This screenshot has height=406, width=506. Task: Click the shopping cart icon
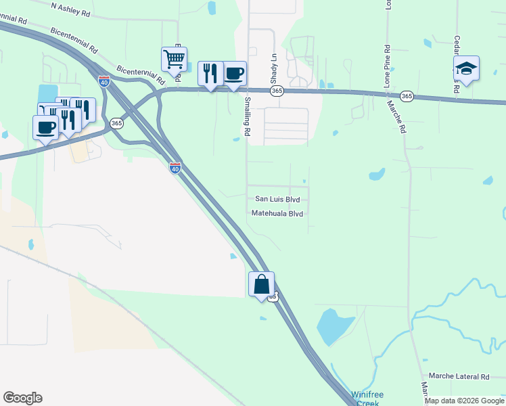(x=174, y=59)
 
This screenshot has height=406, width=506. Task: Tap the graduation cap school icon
(x=466, y=68)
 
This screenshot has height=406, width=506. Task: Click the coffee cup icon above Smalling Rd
(x=234, y=73)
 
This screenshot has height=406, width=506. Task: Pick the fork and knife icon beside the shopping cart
(x=210, y=72)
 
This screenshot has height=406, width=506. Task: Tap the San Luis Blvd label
(x=277, y=200)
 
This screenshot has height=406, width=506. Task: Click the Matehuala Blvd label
(x=277, y=213)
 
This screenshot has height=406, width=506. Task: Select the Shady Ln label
(x=275, y=66)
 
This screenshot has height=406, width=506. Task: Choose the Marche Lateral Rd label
(x=459, y=376)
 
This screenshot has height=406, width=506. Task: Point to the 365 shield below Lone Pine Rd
(x=406, y=96)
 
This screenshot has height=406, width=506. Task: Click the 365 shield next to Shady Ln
(x=276, y=91)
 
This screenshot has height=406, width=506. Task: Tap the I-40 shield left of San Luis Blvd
(x=175, y=168)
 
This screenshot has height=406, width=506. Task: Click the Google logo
(x=22, y=398)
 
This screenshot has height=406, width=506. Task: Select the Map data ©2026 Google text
(x=464, y=401)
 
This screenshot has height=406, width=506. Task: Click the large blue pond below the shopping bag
(x=331, y=326)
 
